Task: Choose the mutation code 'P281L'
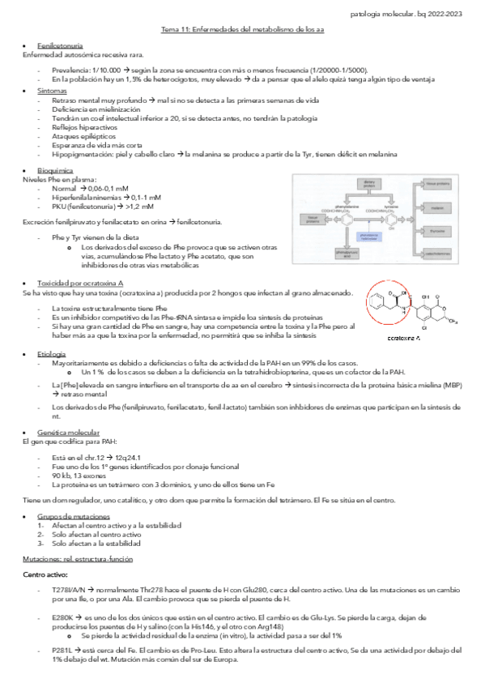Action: coord(61,651)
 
